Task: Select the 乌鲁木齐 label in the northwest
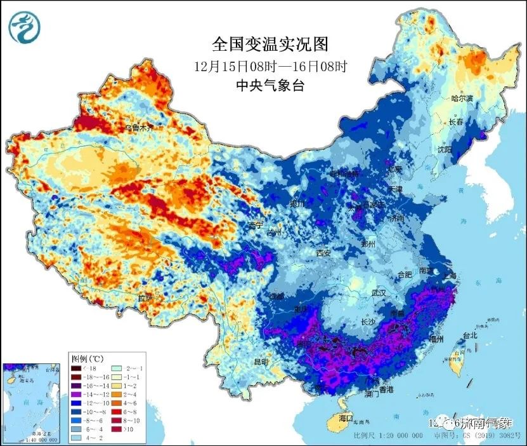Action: [x=139, y=128]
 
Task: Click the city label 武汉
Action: [x=379, y=293]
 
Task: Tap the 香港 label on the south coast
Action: [x=383, y=389]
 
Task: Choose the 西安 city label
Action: [x=323, y=253]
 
